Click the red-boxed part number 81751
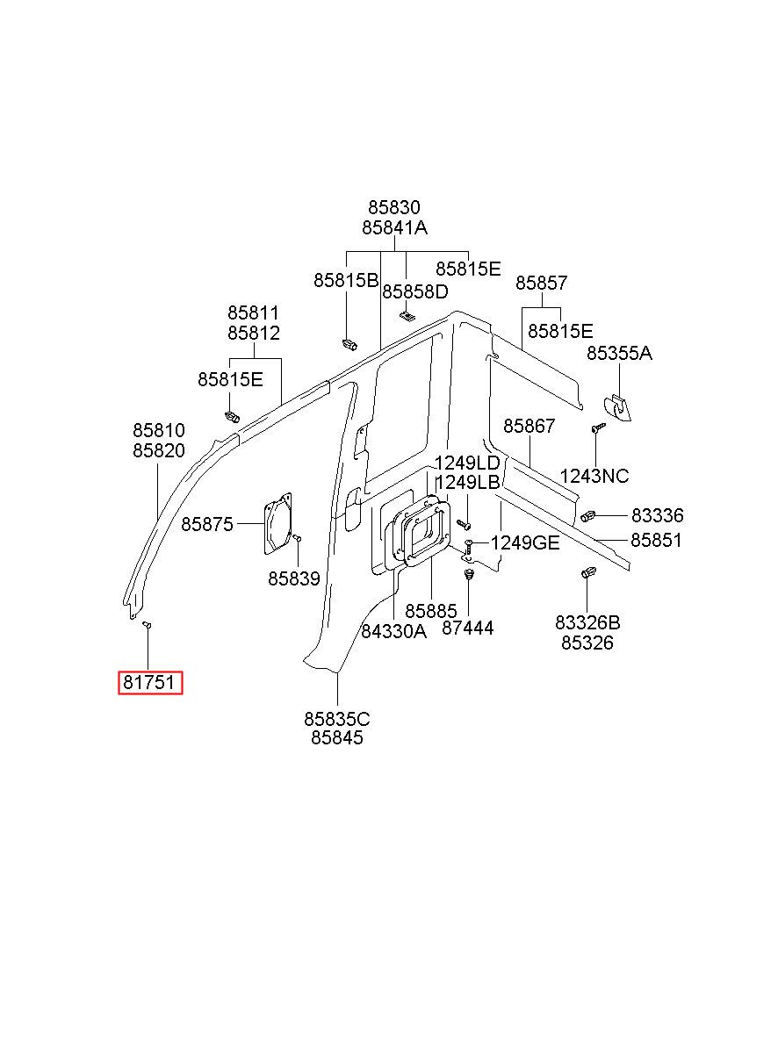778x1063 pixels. pos(149,682)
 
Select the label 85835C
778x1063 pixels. pos(336,719)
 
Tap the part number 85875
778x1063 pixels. pos(207,524)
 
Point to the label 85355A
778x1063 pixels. pos(619,353)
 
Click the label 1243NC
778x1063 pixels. pos(594,476)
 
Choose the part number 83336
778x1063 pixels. pos(657,515)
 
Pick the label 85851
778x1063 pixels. pos(656,540)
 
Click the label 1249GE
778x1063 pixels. pos(525,542)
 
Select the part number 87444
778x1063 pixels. pos(467,628)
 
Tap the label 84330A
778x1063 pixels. pos(394,631)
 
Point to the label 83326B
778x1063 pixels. pos(587,622)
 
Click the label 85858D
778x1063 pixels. pos(414,291)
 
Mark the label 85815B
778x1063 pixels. pos(346,281)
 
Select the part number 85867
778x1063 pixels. pos(529,426)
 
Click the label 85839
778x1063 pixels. pos(294,578)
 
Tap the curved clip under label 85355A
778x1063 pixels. pos(617,407)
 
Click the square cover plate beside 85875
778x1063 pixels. pos(277,523)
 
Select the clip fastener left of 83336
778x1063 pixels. pos(588,515)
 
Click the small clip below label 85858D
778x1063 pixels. pos(406,316)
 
